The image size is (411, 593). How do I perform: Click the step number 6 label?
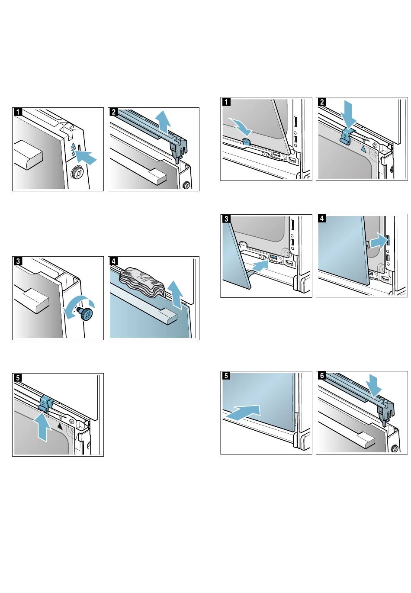tap(321, 376)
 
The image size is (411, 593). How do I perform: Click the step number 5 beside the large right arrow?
tap(226, 376)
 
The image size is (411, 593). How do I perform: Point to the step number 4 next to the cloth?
tap(113, 261)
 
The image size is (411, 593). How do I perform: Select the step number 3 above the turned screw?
tap(17, 261)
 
